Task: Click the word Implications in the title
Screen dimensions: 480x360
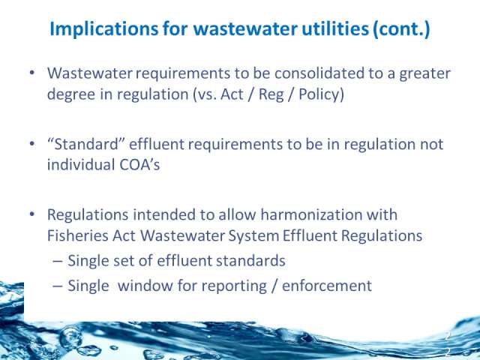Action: coord(104,29)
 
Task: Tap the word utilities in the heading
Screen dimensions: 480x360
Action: coord(335,28)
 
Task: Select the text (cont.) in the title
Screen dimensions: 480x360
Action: coord(402,29)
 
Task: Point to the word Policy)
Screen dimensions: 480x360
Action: coord(321,94)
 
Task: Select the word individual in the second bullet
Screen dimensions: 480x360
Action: coord(81,165)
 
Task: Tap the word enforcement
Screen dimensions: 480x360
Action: coord(327,286)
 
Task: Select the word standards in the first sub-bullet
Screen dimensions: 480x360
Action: coord(250,261)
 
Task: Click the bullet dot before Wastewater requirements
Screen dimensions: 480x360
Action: coord(32,73)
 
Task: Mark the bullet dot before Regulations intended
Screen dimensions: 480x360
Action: coord(32,214)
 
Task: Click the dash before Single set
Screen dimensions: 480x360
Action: coord(57,262)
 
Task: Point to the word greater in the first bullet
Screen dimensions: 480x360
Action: coord(425,74)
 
